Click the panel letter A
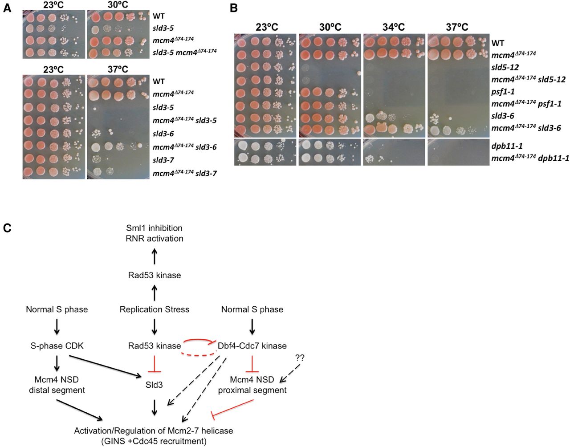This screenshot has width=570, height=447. pyautogui.click(x=7, y=8)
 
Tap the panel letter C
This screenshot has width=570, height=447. pyautogui.click(x=7, y=228)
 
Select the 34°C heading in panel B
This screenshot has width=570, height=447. pyautogui.click(x=393, y=27)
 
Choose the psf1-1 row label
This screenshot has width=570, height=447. pyautogui.click(x=503, y=92)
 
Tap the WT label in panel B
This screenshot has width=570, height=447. pyautogui.click(x=498, y=43)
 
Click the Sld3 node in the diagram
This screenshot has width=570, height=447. pyautogui.click(x=154, y=384)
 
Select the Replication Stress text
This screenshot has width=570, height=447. pyautogui.click(x=154, y=309)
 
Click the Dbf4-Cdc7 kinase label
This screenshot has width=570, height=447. pyautogui.click(x=252, y=345)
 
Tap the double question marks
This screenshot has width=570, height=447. pyautogui.click(x=300, y=357)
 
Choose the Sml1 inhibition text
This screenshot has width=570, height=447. pyautogui.click(x=154, y=228)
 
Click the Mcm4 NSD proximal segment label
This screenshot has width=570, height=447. pyautogui.click(x=252, y=385)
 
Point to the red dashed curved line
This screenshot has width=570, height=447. pyautogui.click(x=196, y=355)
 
